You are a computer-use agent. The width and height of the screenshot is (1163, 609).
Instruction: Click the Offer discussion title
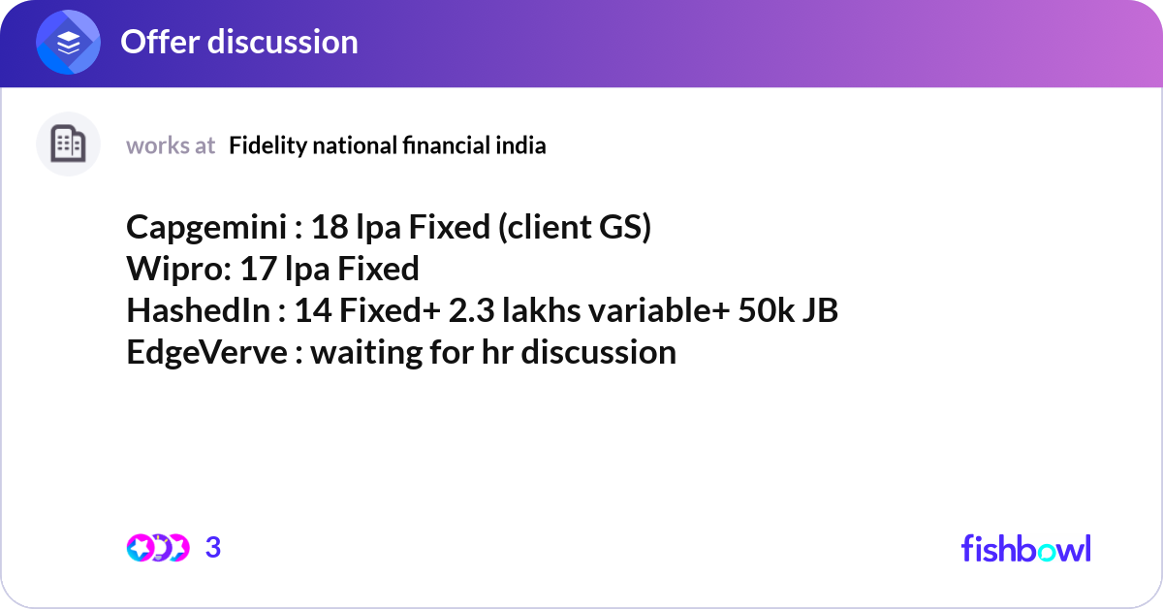pyautogui.click(x=238, y=42)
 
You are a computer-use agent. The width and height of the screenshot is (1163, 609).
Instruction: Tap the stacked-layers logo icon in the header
pyautogui.click(x=69, y=43)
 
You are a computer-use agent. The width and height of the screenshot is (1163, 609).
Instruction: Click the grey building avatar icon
pyautogui.click(x=68, y=144)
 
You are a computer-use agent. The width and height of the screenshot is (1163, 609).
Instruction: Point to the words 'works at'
pyautogui.click(x=171, y=145)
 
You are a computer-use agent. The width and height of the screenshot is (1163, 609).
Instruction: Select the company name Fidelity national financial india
pyautogui.click(x=388, y=145)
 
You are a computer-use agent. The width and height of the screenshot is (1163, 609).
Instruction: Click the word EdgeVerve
pyautogui.click(x=206, y=352)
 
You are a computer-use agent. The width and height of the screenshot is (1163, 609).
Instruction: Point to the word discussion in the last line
pyautogui.click(x=598, y=352)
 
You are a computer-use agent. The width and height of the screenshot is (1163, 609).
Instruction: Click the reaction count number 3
pyautogui.click(x=213, y=548)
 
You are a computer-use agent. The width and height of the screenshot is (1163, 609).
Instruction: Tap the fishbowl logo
pyautogui.click(x=1025, y=548)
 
